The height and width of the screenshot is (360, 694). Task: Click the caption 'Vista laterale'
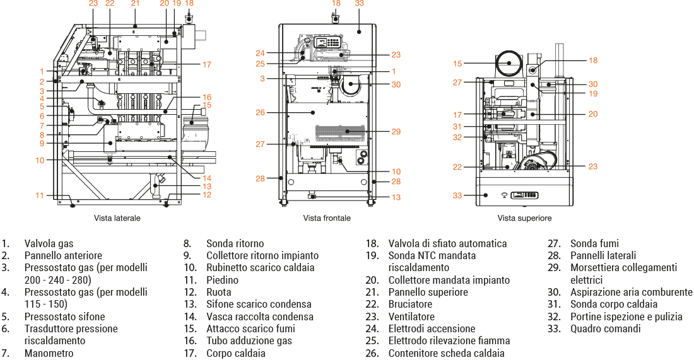(x=117, y=218)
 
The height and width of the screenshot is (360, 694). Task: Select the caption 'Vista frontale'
(x=326, y=218)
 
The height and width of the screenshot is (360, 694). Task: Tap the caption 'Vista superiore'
(x=524, y=218)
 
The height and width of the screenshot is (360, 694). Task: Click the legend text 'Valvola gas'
(x=49, y=243)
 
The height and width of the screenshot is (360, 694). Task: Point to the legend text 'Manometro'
(x=49, y=353)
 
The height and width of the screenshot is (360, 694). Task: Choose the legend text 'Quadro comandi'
(x=605, y=328)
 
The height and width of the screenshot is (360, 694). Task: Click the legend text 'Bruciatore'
(x=409, y=305)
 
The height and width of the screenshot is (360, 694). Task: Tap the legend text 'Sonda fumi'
(x=594, y=243)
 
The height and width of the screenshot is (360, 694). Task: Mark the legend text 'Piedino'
(x=223, y=280)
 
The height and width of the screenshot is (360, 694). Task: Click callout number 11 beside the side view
(x=40, y=195)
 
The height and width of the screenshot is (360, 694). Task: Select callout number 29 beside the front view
(x=396, y=132)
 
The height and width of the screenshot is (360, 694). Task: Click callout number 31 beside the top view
(x=457, y=126)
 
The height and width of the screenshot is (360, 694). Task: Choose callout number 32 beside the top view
(x=457, y=137)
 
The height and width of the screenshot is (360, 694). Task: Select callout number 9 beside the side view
(x=41, y=144)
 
